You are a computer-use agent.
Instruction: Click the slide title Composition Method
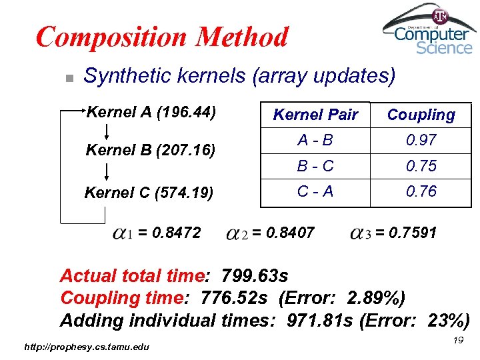tap(162, 37)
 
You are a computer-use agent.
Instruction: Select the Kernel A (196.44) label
tap(151, 111)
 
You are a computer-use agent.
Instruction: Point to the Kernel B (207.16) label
tap(151, 150)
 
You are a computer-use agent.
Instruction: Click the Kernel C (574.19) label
tap(149, 193)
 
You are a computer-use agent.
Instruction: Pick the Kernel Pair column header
tap(316, 115)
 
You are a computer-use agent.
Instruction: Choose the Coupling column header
tap(421, 115)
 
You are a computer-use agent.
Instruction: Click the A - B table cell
tap(316, 140)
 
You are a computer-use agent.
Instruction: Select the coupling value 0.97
tap(421, 140)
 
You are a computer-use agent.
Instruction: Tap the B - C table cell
tap(316, 165)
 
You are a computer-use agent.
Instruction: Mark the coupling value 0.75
tap(421, 165)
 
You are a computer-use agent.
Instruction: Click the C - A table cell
tap(316, 191)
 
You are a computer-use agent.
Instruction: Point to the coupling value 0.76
tap(421, 191)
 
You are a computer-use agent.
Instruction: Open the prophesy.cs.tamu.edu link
tap(87, 346)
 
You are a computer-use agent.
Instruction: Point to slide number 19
tap(457, 341)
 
